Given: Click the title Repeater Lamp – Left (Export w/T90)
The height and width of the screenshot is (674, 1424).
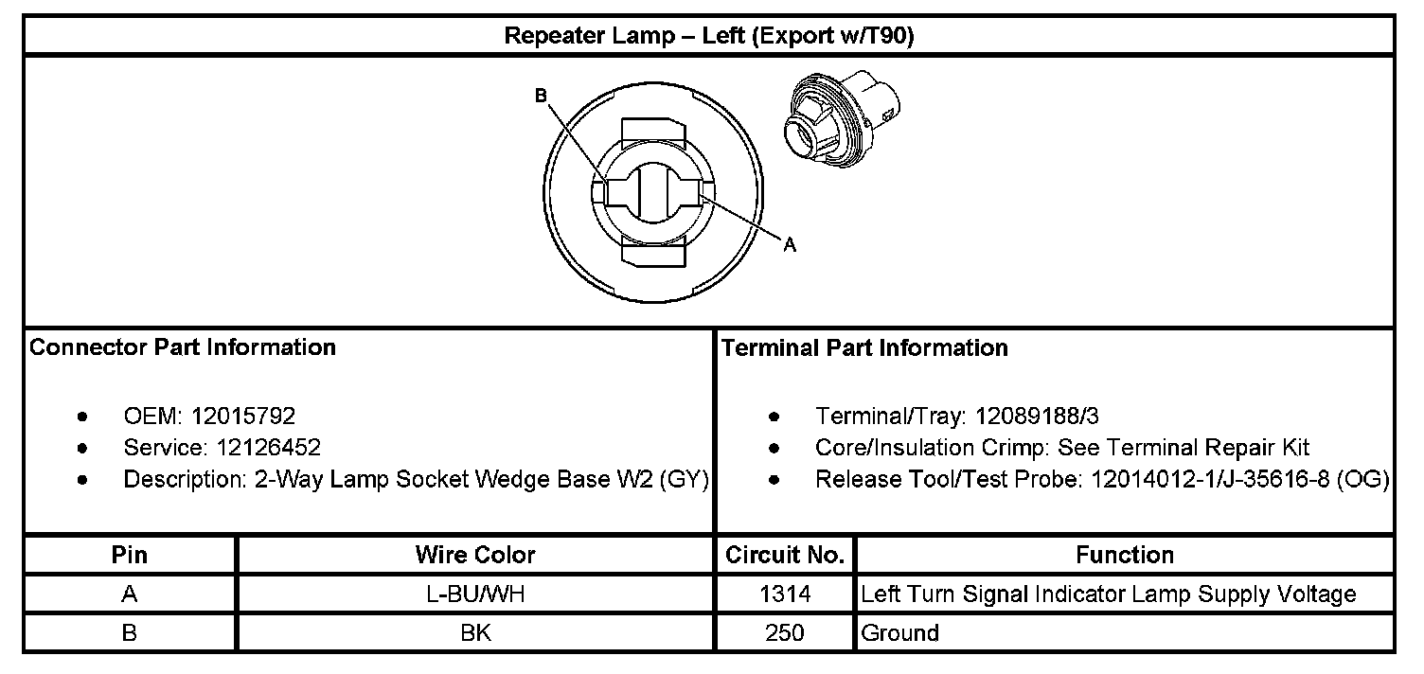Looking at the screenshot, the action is point(709,36).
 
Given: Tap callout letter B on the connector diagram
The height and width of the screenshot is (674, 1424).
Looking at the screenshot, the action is point(541,96).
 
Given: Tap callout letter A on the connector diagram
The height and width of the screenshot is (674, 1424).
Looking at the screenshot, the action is point(790,245).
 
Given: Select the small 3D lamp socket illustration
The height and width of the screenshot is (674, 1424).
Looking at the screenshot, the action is point(842,119).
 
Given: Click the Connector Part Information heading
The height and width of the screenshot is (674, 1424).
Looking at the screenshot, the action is point(183,347).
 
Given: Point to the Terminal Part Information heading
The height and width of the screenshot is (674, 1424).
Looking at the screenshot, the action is point(864,347).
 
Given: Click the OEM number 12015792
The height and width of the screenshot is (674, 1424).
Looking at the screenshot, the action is point(242,416).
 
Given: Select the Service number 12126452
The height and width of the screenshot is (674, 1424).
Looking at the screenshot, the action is point(268,448).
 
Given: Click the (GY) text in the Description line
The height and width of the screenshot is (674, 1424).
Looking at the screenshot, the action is point(684,479).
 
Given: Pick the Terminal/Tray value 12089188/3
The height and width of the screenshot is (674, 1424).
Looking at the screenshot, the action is point(1037,416).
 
